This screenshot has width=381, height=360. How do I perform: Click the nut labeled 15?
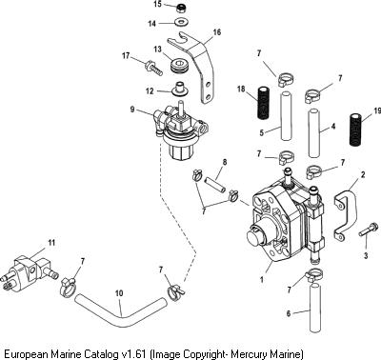(182, 8)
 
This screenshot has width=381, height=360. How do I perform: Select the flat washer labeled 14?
(181, 23)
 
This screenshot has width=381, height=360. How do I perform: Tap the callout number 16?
(217, 32)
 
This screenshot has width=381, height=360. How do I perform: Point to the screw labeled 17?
(153, 69)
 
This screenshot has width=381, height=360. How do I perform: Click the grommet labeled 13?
(180, 66)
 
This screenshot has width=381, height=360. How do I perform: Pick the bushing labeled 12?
(180, 89)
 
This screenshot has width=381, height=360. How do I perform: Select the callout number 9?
(132, 110)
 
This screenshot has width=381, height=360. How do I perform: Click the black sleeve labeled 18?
(263, 103)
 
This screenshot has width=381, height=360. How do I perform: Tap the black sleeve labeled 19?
(357, 130)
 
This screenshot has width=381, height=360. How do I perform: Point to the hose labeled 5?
(286, 116)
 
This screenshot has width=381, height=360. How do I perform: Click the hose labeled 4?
(314, 133)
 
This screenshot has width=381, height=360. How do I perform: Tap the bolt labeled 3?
(369, 230)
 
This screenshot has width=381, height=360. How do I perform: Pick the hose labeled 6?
(314, 308)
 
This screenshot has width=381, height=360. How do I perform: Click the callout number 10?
(119, 292)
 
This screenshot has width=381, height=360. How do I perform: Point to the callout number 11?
(51, 243)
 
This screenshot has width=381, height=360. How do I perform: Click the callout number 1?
(262, 280)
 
